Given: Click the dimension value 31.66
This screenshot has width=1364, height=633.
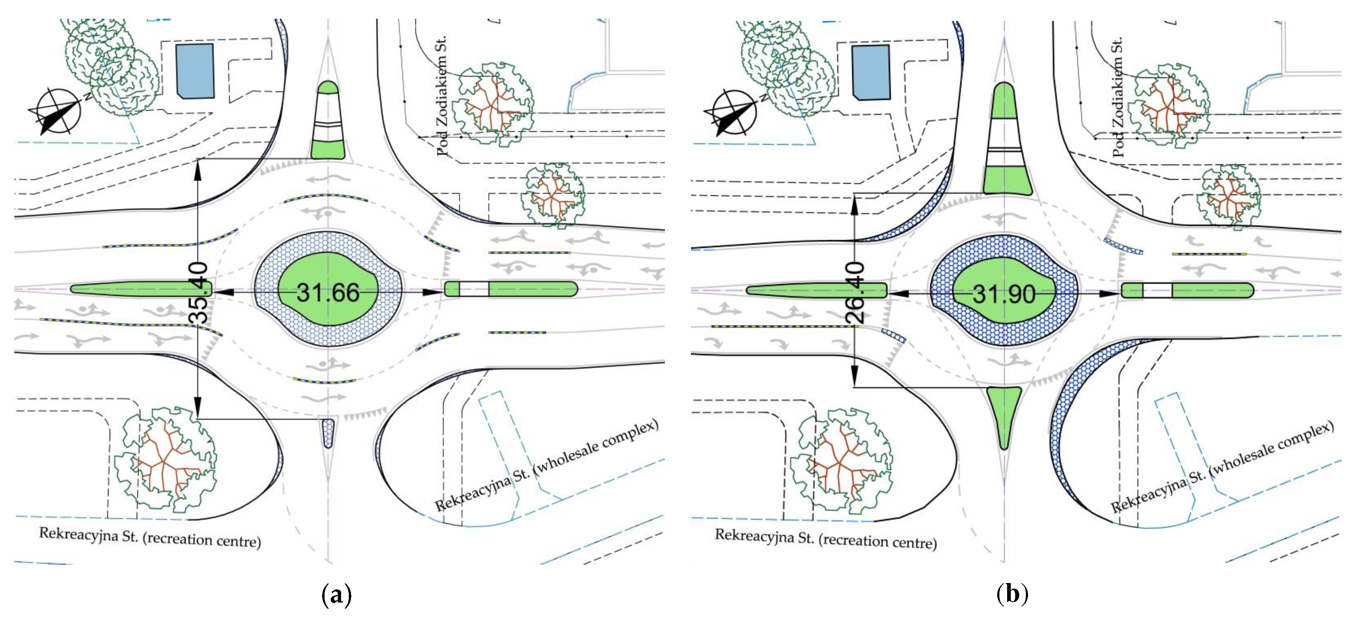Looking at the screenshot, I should coord(328,292).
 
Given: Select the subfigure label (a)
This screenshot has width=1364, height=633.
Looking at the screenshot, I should coord(336,594).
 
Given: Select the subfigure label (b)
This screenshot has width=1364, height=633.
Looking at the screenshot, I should coord(1012,594).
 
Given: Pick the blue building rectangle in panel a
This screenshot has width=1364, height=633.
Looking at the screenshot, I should coord(195,70).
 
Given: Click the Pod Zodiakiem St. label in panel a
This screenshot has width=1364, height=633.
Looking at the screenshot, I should coord(442,95).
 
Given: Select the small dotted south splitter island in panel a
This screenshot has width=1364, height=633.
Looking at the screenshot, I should coord(328,433).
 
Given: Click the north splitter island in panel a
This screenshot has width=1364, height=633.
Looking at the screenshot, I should coord(328,121).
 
